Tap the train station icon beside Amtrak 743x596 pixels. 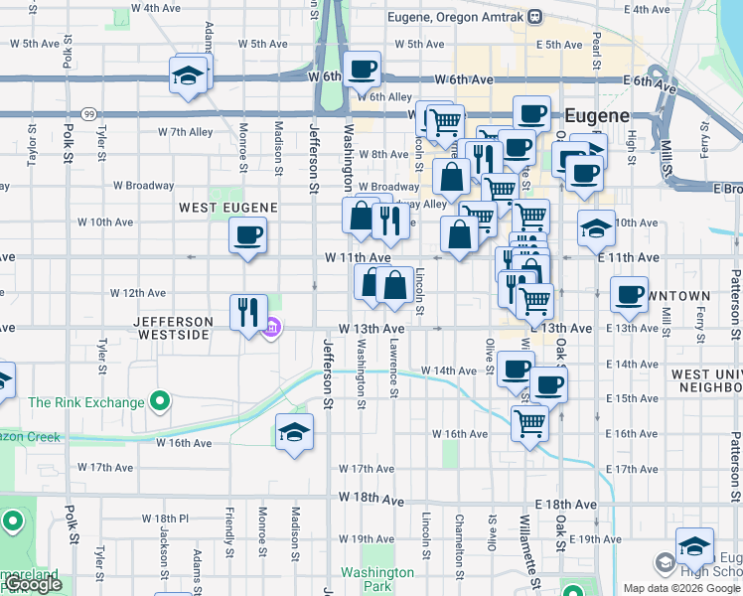(534, 17)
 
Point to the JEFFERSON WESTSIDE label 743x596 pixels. (174, 328)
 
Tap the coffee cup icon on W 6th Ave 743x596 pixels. (364, 69)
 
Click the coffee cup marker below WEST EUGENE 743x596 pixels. (247, 235)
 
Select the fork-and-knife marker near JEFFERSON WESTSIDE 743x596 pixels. (248, 312)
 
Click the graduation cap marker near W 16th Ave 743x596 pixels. (293, 432)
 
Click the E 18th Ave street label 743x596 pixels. (561, 505)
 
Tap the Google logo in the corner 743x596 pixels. (33, 585)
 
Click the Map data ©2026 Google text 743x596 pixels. (680, 588)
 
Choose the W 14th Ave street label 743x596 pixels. (449, 371)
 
